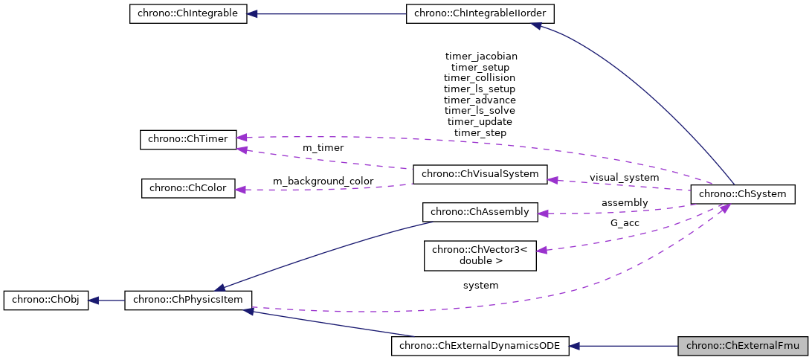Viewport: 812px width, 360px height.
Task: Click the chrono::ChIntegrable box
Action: [x=188, y=14]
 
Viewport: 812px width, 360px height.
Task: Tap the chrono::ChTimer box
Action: [x=188, y=139]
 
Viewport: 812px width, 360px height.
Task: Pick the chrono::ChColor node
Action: [x=188, y=188]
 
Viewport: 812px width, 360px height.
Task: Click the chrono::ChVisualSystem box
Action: [x=480, y=174]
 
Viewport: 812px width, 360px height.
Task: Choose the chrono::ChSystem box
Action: [x=743, y=194]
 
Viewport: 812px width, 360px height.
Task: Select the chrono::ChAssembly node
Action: [x=480, y=212]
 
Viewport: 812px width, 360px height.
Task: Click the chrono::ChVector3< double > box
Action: [x=480, y=255]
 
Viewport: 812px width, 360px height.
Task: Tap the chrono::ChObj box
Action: [x=46, y=301]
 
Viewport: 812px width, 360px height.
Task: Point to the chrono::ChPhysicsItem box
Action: [x=188, y=301]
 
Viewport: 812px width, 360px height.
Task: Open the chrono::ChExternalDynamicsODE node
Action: [x=480, y=345]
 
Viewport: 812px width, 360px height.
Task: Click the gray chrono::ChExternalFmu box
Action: [x=743, y=345]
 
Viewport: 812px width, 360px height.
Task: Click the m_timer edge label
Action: [x=323, y=148]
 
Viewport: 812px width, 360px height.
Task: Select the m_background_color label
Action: [x=323, y=181]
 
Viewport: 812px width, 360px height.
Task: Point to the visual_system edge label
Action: [x=624, y=178]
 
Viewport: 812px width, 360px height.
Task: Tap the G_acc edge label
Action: [x=625, y=222]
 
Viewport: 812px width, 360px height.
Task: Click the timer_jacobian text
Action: [x=480, y=56]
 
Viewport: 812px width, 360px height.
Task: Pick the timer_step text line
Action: [x=480, y=132]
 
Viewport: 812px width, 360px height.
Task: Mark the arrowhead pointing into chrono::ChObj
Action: [x=94, y=301]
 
